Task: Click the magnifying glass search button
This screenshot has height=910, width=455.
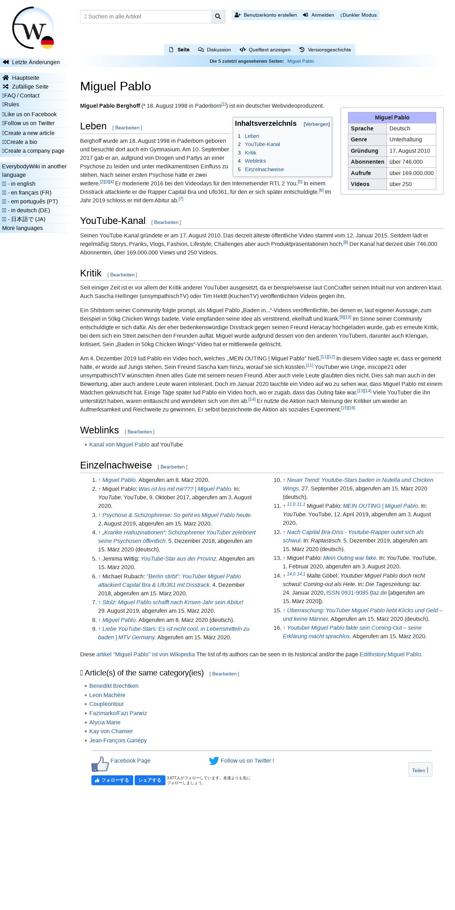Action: tap(218, 17)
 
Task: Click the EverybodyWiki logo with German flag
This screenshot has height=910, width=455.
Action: tap(33, 28)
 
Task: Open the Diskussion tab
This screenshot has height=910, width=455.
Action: tap(214, 50)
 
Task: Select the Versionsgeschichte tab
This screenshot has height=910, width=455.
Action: tap(325, 50)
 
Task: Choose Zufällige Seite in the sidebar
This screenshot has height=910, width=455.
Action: tap(30, 86)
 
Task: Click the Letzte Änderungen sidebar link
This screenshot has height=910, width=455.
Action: tap(35, 62)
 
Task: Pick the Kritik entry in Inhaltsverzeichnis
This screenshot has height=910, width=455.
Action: tap(250, 153)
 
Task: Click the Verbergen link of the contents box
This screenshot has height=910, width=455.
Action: tap(316, 124)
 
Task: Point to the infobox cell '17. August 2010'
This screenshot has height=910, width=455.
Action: tap(409, 151)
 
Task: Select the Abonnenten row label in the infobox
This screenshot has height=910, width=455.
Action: tap(367, 162)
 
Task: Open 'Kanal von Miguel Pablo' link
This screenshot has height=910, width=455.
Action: tap(119, 444)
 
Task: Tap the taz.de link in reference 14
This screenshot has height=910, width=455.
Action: tap(379, 592)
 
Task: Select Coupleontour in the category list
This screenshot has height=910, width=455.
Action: tap(106, 704)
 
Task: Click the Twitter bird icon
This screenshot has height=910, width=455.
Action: tap(214, 760)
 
